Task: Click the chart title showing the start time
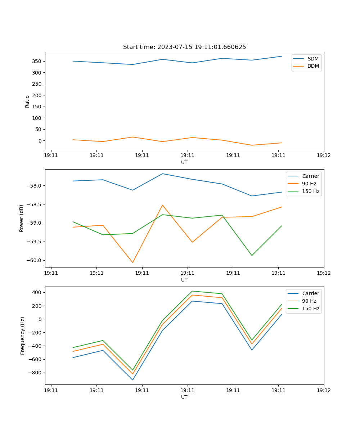point(184,47)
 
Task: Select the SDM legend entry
point(313,59)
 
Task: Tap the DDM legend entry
point(313,66)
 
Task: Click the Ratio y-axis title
point(27,101)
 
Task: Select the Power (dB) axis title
point(22,218)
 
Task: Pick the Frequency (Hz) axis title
point(22,336)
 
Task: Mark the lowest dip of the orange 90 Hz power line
point(132,262)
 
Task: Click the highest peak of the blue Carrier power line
point(162,174)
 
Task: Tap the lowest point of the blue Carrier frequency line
point(132,380)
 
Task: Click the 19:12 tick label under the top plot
point(324,156)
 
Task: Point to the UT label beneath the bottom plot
point(184,397)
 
